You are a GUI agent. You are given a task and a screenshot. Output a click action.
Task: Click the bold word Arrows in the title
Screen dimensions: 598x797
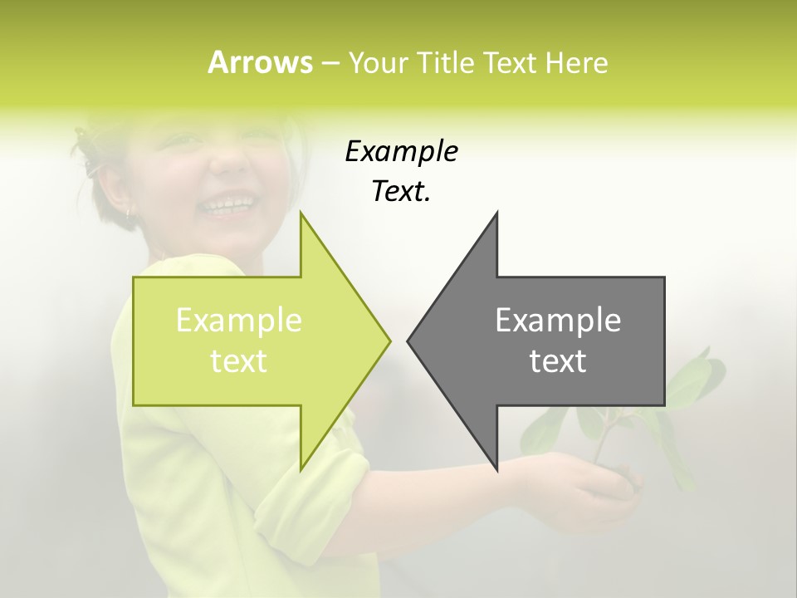259,62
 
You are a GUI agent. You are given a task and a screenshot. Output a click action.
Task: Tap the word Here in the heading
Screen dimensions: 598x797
577,63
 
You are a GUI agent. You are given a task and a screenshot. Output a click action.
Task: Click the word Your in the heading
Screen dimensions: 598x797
378,63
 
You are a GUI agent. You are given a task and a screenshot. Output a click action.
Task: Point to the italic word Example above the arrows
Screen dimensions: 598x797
401,152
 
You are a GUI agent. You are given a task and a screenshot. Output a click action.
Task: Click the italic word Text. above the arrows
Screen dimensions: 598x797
401,192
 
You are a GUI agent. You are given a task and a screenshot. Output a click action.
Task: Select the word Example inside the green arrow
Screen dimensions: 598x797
239,321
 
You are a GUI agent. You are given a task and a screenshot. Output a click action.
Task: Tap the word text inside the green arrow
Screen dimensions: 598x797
239,361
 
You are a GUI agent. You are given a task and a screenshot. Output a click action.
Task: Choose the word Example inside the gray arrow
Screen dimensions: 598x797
558,321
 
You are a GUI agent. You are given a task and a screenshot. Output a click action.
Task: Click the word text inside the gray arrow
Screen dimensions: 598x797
558,361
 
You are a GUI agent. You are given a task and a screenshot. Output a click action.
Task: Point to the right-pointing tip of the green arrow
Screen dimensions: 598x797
389,341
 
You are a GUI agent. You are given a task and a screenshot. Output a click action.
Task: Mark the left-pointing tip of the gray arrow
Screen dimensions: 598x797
408,341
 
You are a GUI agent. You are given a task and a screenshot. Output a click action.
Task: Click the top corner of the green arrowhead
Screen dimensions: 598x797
301,213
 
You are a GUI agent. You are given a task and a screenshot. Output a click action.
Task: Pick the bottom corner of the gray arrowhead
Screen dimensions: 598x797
496,469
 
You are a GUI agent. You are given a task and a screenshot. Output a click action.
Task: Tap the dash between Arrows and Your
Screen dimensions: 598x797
330,64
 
